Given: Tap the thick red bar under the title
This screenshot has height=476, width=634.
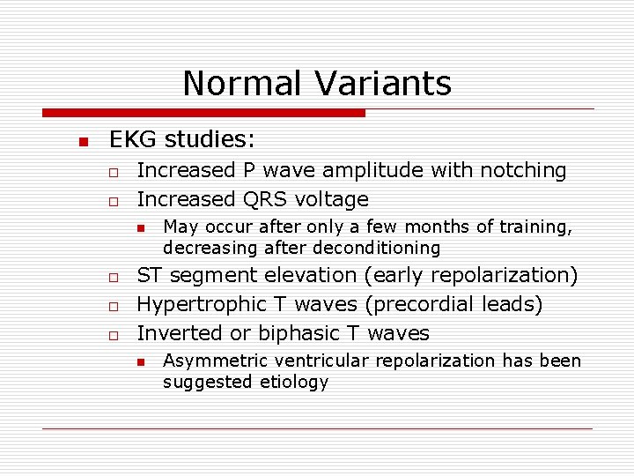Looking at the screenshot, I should [x=203, y=114].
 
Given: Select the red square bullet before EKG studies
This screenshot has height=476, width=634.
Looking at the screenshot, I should [x=81, y=142].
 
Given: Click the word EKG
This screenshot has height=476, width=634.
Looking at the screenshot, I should [x=131, y=140].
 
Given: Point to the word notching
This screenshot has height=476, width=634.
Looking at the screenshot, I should [x=525, y=170].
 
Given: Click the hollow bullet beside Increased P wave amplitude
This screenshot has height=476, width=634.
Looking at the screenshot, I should [x=114, y=171].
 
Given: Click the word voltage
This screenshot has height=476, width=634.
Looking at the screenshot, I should [x=334, y=199].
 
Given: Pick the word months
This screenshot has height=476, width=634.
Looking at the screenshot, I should [x=444, y=227].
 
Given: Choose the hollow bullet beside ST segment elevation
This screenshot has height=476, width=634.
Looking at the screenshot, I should [x=114, y=277].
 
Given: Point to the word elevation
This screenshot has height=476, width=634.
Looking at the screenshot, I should [x=314, y=275].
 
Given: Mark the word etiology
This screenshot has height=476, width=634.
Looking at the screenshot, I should [x=293, y=382].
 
